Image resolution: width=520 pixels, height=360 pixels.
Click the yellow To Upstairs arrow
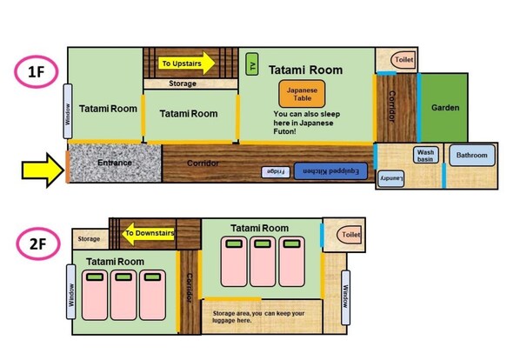tap(186, 63)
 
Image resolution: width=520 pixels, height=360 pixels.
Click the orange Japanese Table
tap(296, 93)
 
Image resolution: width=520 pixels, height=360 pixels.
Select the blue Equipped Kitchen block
tap(327, 171)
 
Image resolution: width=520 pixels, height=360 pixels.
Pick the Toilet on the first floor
tap(403, 61)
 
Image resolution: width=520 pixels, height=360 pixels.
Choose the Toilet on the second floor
tap(350, 235)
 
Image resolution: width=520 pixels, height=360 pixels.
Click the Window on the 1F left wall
tap(67, 112)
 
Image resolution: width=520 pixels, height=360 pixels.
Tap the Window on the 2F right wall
tap(345, 289)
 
